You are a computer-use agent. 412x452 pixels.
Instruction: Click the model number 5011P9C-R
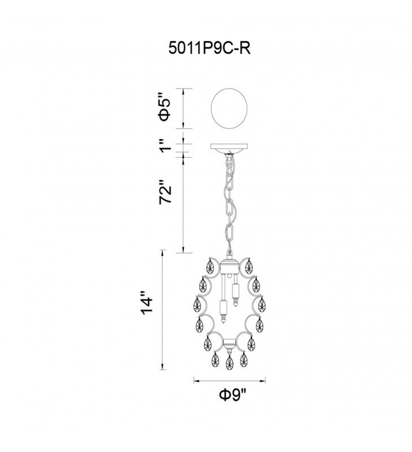coord(209,49)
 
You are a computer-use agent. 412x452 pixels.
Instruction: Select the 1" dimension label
coord(166,146)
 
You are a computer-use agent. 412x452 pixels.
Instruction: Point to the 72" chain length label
coord(165,192)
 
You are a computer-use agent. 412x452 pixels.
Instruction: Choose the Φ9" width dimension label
coord(233,394)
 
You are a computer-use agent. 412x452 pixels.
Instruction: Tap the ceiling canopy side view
coord(230,149)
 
